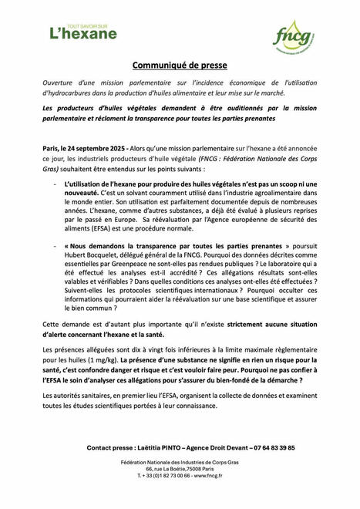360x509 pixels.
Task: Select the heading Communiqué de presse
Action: (x=180, y=66)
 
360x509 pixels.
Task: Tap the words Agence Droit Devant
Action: (x=211, y=447)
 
